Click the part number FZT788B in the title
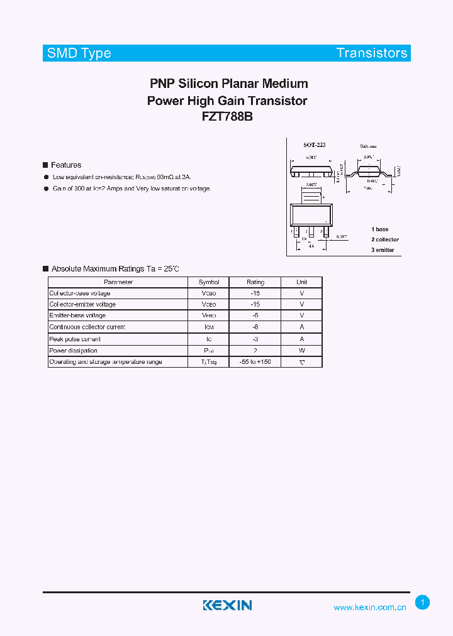[x=227, y=117]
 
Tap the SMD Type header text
[x=79, y=53]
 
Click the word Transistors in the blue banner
[x=372, y=53]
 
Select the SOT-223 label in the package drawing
[x=314, y=145]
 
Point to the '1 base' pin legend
[x=379, y=229]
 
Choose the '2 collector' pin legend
[x=384, y=239]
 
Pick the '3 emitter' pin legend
[x=383, y=250]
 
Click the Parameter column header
[x=118, y=282]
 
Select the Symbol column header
[x=209, y=282]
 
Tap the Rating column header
[x=255, y=282]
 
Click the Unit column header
[x=302, y=282]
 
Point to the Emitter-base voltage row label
[x=77, y=315]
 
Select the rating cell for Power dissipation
[x=255, y=351]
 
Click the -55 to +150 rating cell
[x=255, y=362]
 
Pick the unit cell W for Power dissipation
[x=302, y=351]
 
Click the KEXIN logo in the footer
[x=227, y=605]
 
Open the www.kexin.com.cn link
[x=370, y=607]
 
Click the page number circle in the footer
[x=423, y=603]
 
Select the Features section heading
[x=66, y=165]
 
